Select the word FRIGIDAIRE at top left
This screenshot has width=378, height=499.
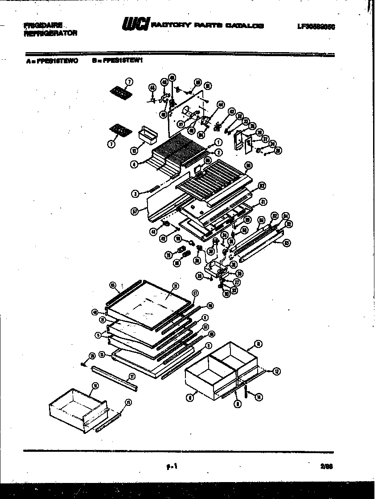pos(43,25)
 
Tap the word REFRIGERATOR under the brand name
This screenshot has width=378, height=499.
pos(50,33)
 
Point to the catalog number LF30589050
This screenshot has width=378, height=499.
pos(316,26)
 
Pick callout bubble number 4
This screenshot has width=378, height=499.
pos(134,164)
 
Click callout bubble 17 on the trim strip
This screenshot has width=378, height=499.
pos(132,376)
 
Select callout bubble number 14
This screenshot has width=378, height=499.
pos(259,398)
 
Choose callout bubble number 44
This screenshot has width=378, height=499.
pos(220,104)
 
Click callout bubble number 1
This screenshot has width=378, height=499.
pos(218,143)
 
